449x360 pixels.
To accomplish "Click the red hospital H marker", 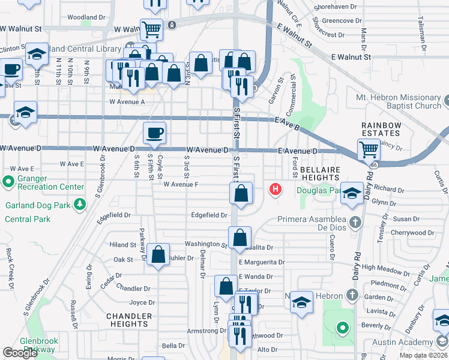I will pyautogui.click(x=276, y=190).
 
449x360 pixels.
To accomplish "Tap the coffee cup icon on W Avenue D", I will pyautogui.click(x=155, y=133).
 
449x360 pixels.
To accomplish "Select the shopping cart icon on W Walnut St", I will pyautogui.click(x=152, y=28).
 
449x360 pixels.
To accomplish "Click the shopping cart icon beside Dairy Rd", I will pyautogui.click(x=368, y=148).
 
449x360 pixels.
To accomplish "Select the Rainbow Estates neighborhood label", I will pyautogui.click(x=381, y=129).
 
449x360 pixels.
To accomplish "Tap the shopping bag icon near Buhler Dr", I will pyautogui.click(x=157, y=254).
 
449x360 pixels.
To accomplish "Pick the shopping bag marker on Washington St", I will pyautogui.click(x=240, y=236).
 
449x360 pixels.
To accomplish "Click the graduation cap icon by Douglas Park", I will pyautogui.click(x=353, y=192).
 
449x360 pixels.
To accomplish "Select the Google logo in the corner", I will pyautogui.click(x=20, y=353).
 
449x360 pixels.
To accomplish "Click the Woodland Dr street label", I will pyautogui.click(x=86, y=17).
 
